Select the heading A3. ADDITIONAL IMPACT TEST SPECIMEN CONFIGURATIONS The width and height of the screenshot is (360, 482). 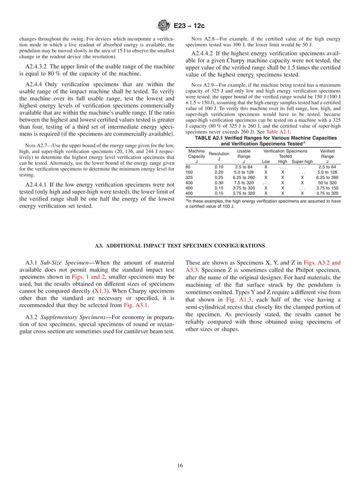(x=180, y=246)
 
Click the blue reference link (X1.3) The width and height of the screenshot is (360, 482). (x=102, y=290)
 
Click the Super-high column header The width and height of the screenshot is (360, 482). (x=302, y=161)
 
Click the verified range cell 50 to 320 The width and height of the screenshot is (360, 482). (x=327, y=183)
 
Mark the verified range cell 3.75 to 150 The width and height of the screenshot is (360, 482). (x=327, y=188)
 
